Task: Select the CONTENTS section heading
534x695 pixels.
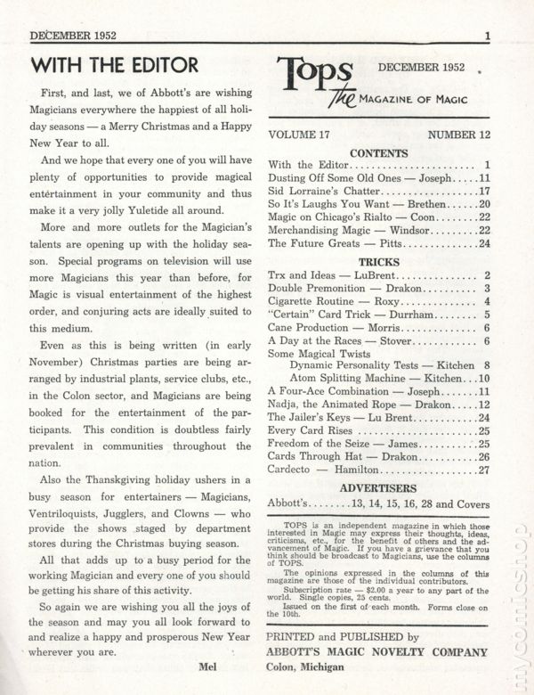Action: [x=379, y=152]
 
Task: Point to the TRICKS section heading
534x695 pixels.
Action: [x=378, y=262]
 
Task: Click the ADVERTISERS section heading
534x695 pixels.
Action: [x=378, y=488]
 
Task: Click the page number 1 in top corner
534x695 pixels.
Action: [x=489, y=37]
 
